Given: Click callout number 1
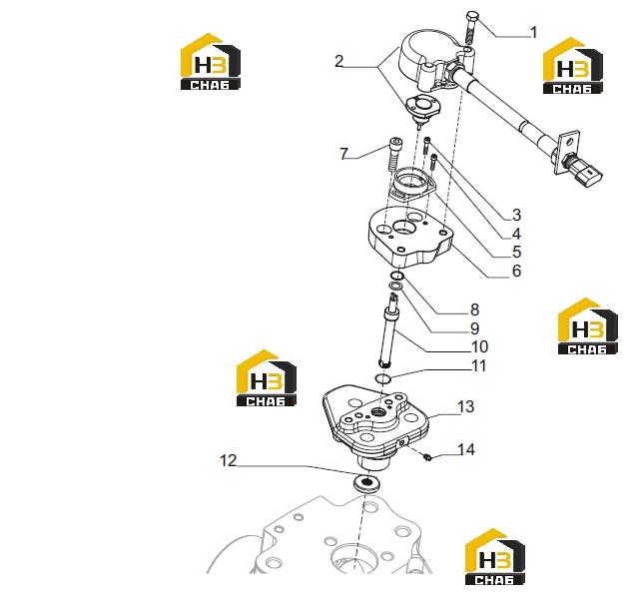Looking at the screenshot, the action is coord(533,32).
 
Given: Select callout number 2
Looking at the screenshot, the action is coord(338,61).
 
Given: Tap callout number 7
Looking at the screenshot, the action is coord(343,154).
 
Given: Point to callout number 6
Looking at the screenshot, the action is coord(516,271).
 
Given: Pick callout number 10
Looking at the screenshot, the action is coord(479,347).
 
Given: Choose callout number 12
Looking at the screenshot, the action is coord(229,460).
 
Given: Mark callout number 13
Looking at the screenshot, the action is coord(465,406).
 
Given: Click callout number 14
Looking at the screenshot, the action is coord(466,449).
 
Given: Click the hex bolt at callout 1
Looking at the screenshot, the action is coord(471,28).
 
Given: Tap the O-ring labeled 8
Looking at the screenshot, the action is coord(396,276).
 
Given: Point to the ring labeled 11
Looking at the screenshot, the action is coord(382,378).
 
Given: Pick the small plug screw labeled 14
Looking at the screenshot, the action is coord(427,456).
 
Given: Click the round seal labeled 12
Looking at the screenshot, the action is coord(366,483).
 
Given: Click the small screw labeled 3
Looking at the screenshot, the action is coord(427,145).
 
